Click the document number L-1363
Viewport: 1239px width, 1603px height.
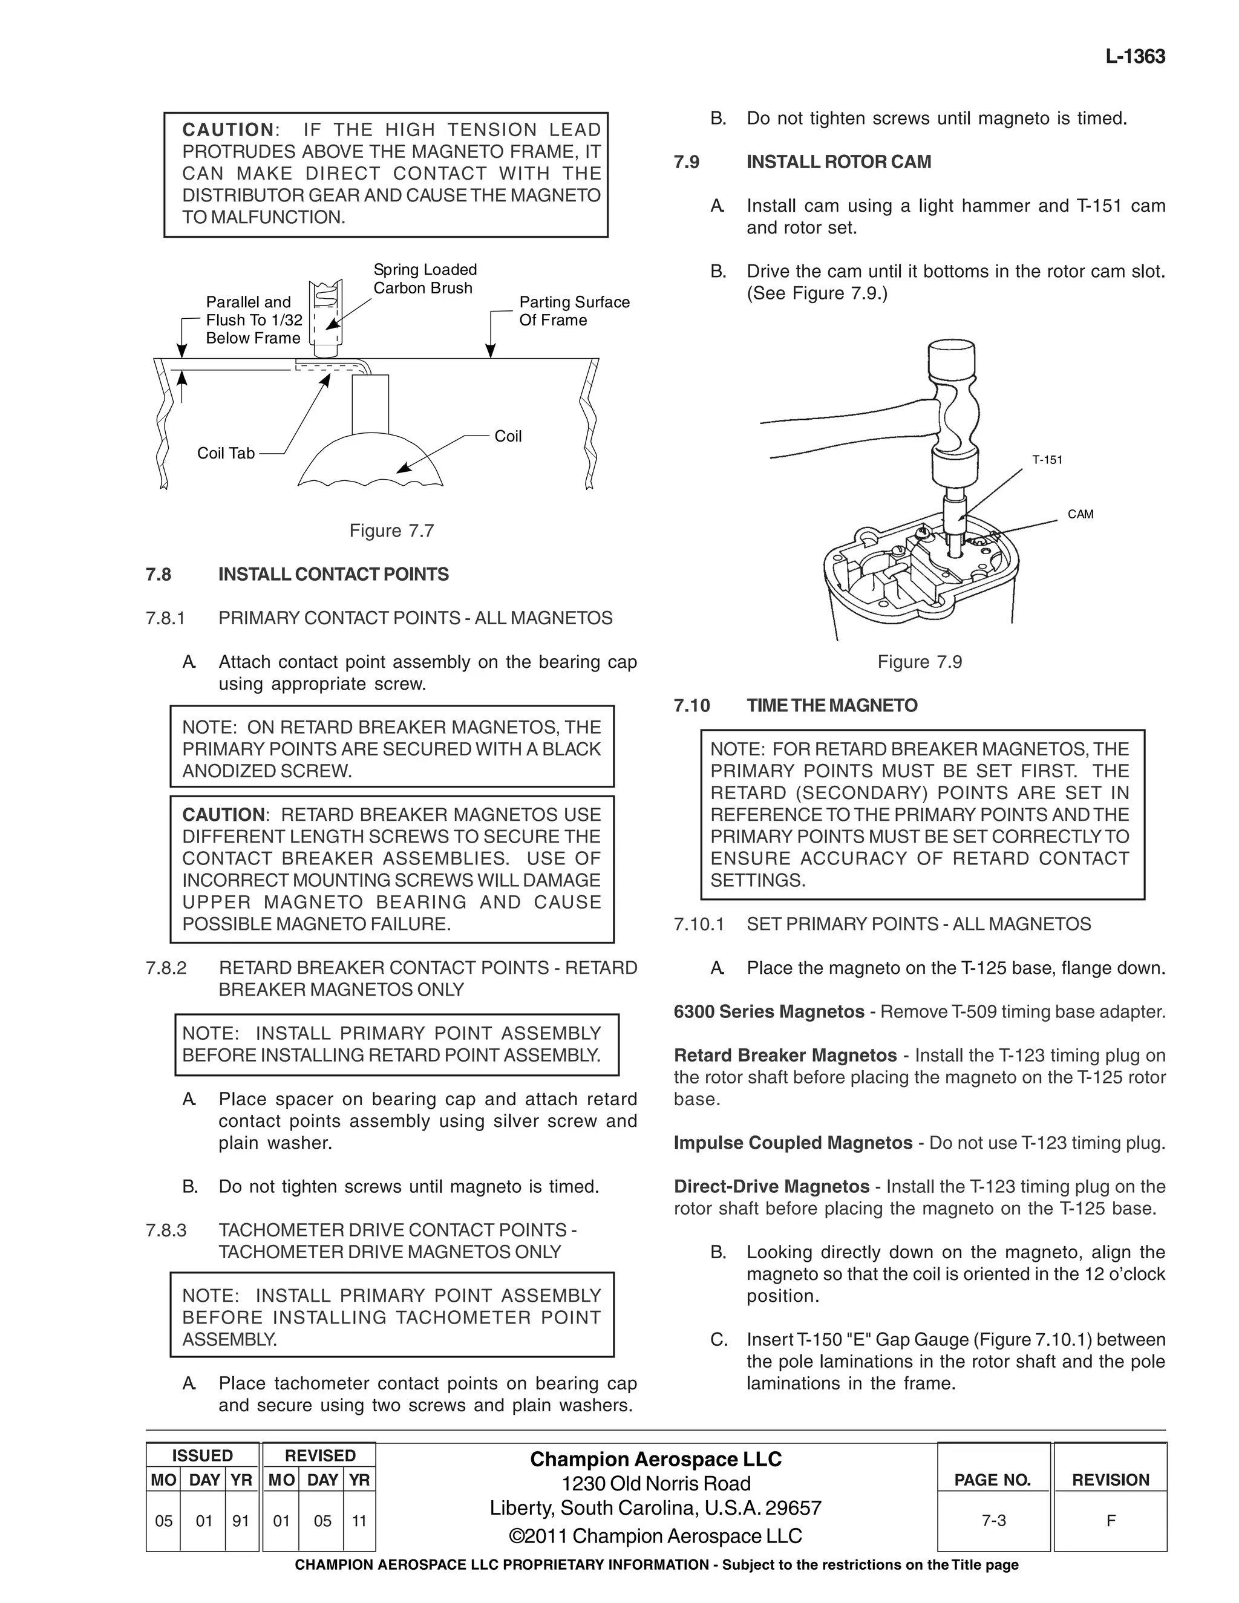coord(1135,57)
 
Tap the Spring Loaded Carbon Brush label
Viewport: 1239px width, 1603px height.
coord(424,279)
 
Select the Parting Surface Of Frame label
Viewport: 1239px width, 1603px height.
coord(574,311)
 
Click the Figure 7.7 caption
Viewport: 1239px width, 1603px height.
coord(391,531)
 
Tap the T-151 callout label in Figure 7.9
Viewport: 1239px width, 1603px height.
coord(1047,460)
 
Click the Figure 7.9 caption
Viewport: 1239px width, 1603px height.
coord(919,662)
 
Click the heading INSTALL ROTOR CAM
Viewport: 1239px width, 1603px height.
coord(839,162)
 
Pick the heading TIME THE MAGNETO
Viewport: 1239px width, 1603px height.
coord(832,706)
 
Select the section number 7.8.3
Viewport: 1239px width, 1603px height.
coord(166,1230)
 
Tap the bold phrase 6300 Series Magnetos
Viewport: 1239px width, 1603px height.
coord(768,1012)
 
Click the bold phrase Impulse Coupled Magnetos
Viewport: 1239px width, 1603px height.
coord(793,1143)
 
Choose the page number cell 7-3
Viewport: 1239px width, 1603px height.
coord(993,1521)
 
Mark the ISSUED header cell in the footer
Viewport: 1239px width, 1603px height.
coord(202,1455)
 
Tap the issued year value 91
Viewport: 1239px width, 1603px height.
coord(241,1521)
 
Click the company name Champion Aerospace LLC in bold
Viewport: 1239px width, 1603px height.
coord(655,1459)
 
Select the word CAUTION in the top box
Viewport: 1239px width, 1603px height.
coord(227,130)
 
